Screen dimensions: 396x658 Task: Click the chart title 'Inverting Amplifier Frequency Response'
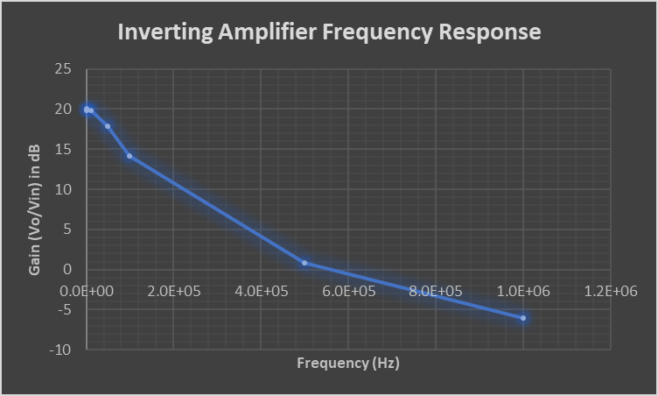pyautogui.click(x=329, y=32)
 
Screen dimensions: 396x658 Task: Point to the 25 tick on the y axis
pyautogui.click(x=63, y=69)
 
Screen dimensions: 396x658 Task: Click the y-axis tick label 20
pyautogui.click(x=63, y=110)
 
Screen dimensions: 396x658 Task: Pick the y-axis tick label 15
pyautogui.click(x=63, y=150)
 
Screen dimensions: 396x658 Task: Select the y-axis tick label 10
pyautogui.click(x=63, y=189)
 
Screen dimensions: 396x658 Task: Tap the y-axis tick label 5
pyautogui.click(x=66, y=230)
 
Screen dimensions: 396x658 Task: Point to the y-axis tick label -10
pyautogui.click(x=61, y=350)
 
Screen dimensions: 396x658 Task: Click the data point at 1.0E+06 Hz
pyautogui.click(x=523, y=318)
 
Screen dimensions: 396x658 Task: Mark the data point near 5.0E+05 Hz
pyautogui.click(x=304, y=263)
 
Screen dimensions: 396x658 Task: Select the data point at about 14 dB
pyautogui.click(x=129, y=156)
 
